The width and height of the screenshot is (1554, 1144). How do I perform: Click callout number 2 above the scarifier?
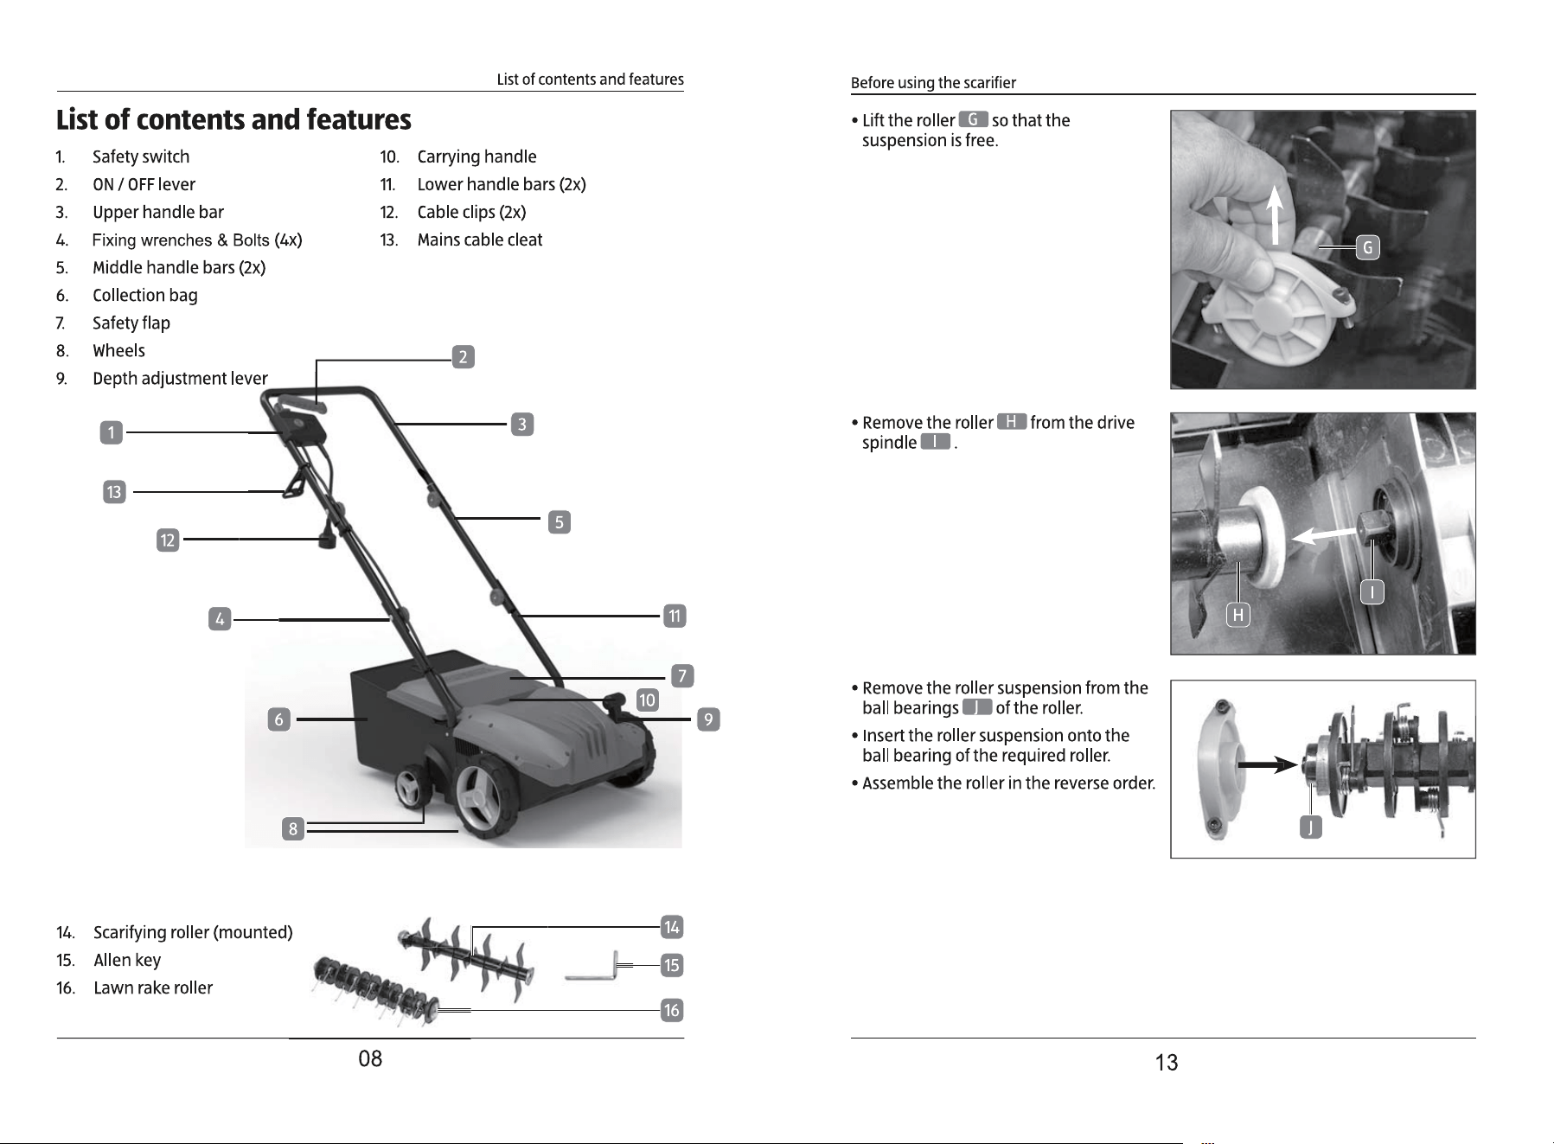[464, 356]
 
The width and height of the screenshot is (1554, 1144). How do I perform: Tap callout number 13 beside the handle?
[113, 492]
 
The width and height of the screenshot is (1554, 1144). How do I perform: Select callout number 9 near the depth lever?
[708, 719]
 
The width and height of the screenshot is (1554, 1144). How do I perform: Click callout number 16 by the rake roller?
[672, 1010]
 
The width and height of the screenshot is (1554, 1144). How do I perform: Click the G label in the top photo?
[1367, 248]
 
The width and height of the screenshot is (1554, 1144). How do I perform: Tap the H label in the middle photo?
[1238, 615]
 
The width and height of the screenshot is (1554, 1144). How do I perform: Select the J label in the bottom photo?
[1311, 828]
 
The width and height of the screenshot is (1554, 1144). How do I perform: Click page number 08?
[370, 1058]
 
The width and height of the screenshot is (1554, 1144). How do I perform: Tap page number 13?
[1167, 1063]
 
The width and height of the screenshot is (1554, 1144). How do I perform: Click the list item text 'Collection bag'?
[145, 295]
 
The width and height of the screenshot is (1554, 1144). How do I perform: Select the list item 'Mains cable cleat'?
[480, 240]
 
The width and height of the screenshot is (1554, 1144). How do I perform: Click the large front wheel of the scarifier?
[478, 796]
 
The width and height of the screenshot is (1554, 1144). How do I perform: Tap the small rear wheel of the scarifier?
[411, 791]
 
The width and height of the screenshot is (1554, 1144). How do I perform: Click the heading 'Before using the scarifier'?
[933, 83]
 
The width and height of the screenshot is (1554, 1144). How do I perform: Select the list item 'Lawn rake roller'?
[153, 987]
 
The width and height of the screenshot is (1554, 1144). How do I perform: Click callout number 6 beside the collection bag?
[278, 719]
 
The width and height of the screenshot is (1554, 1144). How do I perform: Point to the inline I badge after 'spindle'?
[936, 442]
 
